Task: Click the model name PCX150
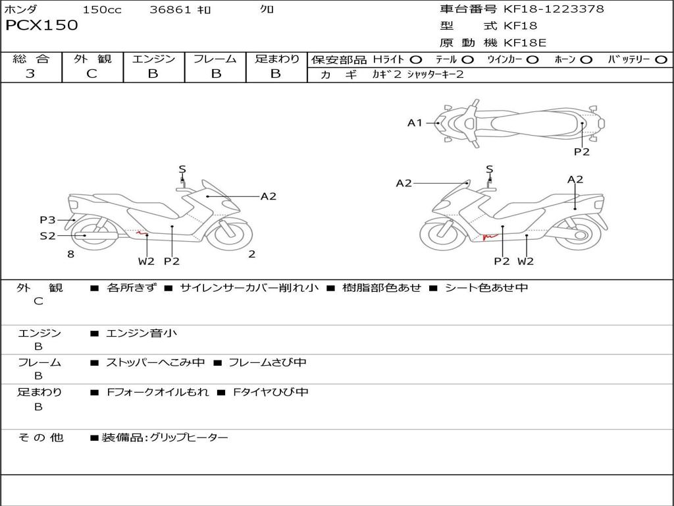point(41,26)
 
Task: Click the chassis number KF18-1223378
point(554,9)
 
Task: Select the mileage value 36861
point(170,9)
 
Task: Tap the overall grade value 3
point(30,74)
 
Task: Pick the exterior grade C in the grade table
point(91,74)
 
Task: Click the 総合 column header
point(31,59)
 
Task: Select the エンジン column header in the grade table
point(153,59)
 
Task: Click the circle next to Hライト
point(416,60)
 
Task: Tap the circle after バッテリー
point(661,60)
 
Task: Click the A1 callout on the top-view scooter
point(414,123)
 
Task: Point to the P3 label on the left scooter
point(47,220)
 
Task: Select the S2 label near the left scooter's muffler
point(47,235)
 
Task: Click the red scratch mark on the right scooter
point(488,235)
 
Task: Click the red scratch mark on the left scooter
point(140,231)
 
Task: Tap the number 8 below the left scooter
point(70,254)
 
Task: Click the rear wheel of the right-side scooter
point(581,235)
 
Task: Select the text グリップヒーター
point(189,437)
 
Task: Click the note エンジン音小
point(142,333)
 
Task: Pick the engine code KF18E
point(525,43)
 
